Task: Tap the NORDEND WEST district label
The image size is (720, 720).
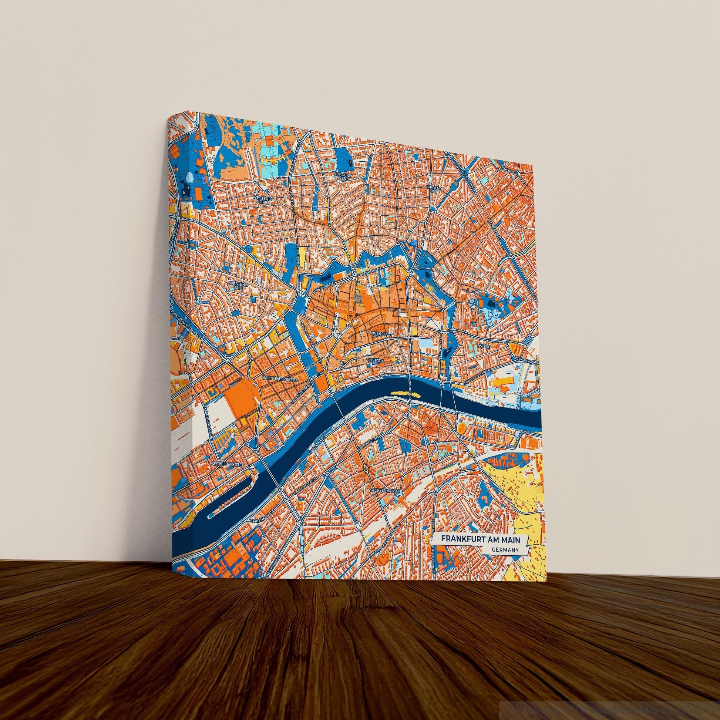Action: (342, 175)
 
